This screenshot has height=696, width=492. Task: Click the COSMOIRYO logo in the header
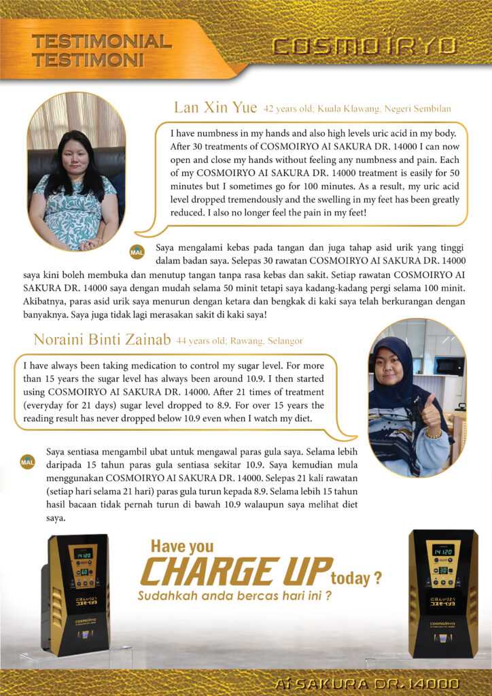pyautogui.click(x=364, y=46)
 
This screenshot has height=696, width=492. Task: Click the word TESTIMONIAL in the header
pyautogui.click(x=101, y=41)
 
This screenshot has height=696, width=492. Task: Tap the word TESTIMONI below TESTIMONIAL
pyautogui.click(x=88, y=60)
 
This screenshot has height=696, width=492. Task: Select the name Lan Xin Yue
pyautogui.click(x=215, y=108)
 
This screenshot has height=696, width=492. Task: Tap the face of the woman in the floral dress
pyautogui.click(x=75, y=157)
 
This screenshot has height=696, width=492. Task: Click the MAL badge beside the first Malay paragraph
pyautogui.click(x=137, y=253)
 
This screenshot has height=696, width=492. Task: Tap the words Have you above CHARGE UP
pyautogui.click(x=181, y=546)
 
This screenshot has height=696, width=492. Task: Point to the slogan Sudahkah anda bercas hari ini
pyautogui.click(x=234, y=596)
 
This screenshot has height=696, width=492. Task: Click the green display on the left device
pyautogui.click(x=83, y=554)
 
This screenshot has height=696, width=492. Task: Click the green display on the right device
pyautogui.click(x=442, y=550)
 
